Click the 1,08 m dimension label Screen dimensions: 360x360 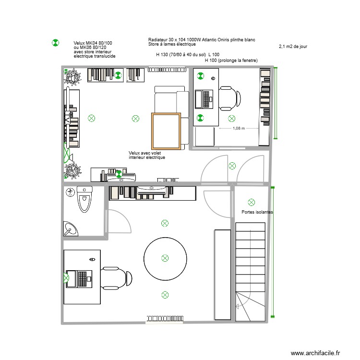click(239, 129)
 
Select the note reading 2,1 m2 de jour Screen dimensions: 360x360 click(292, 47)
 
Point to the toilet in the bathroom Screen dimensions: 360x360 click(84, 200)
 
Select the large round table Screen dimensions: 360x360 click(165, 258)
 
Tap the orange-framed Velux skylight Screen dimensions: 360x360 click(166, 131)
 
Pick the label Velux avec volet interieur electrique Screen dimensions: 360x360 click(147, 155)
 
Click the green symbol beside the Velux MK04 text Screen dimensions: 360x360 click(55, 43)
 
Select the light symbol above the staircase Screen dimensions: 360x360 click(251, 202)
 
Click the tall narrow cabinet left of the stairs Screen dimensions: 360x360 click(222, 274)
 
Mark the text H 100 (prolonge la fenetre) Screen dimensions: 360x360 click(231, 60)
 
